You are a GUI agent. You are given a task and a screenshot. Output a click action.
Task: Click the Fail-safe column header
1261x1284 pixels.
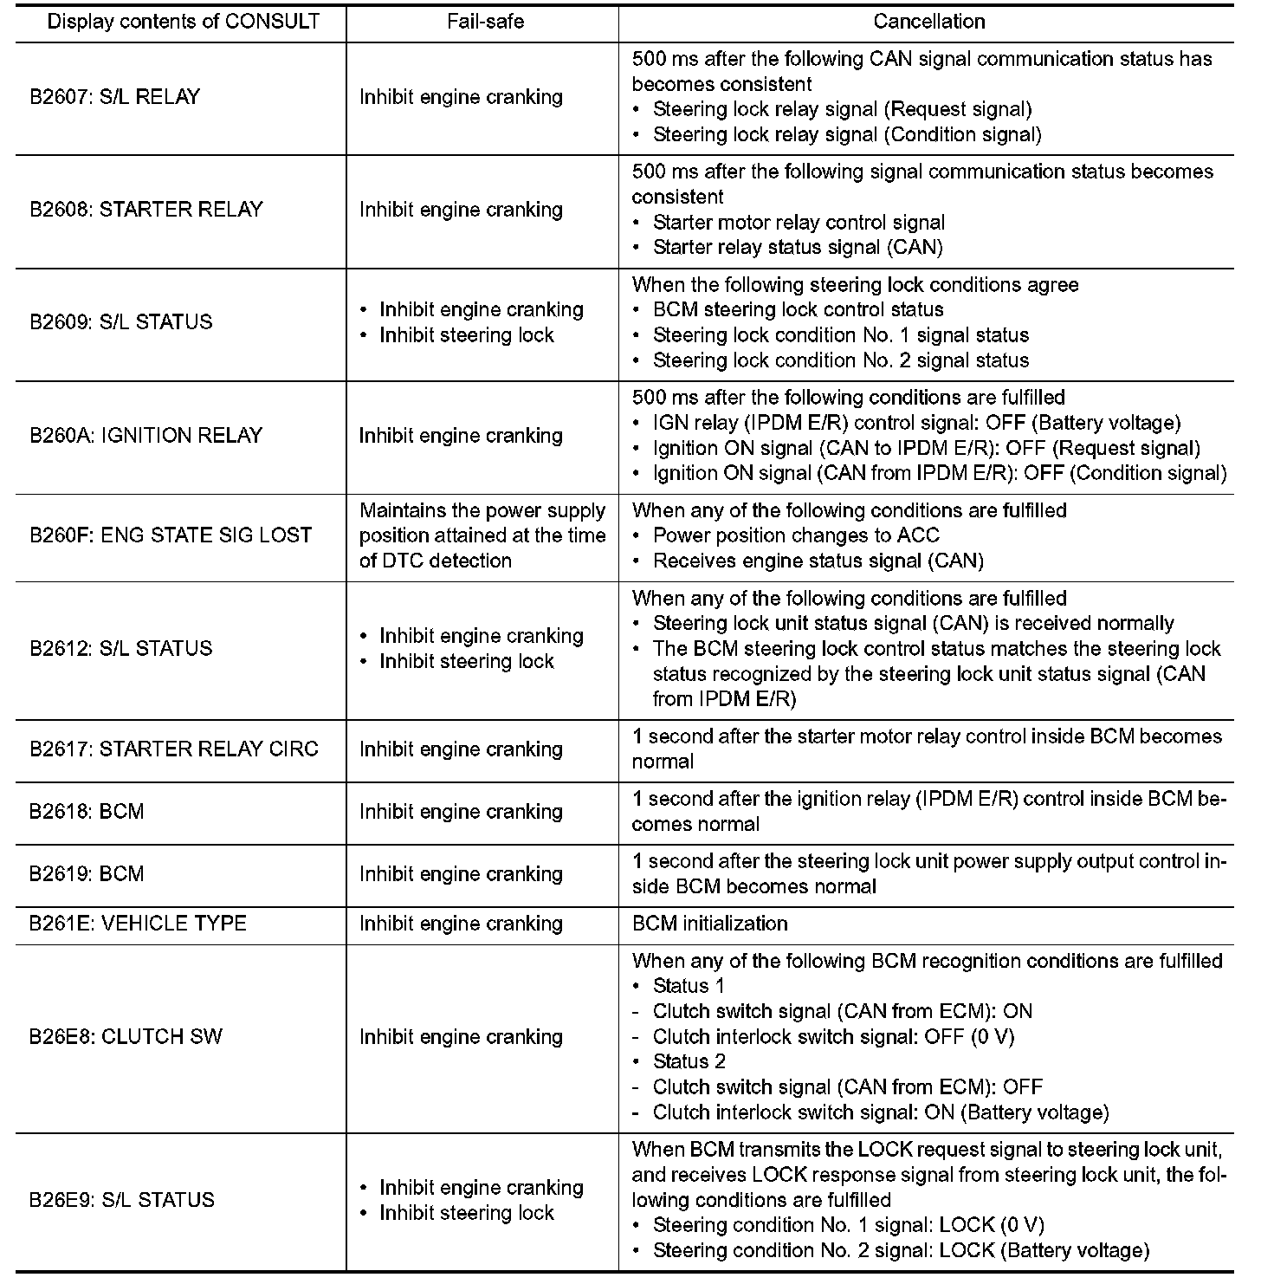(x=485, y=22)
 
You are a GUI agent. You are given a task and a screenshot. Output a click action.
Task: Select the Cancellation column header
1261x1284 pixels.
(x=928, y=22)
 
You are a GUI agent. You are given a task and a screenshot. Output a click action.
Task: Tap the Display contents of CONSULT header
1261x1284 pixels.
(x=184, y=22)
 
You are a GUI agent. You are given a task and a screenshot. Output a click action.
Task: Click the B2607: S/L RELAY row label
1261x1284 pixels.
(x=115, y=97)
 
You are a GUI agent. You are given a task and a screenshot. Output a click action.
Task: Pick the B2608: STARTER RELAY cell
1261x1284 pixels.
(x=146, y=210)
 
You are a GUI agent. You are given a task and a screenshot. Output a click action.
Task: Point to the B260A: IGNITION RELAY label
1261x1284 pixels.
(x=146, y=435)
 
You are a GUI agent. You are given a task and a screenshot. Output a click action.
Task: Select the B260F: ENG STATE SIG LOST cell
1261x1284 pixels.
(x=171, y=535)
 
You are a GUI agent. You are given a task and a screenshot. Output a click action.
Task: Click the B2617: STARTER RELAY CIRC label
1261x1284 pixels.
(x=174, y=749)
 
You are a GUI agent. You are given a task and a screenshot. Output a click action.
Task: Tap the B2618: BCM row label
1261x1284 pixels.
(x=87, y=812)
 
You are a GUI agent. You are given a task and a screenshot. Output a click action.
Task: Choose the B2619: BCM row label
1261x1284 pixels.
(x=87, y=874)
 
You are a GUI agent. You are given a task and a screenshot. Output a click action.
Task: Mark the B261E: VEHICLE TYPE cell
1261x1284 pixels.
(x=139, y=924)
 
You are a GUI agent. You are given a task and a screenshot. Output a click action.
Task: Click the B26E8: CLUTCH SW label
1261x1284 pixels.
(x=126, y=1037)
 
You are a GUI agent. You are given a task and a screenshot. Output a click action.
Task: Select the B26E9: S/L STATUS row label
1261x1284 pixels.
(x=121, y=1200)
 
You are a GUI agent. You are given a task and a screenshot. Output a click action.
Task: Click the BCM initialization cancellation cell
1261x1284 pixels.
(x=710, y=924)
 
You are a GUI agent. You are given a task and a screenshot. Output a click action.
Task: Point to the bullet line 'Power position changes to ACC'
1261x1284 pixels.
(x=796, y=535)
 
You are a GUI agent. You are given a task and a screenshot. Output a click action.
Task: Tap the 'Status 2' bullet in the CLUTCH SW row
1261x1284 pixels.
(x=689, y=1062)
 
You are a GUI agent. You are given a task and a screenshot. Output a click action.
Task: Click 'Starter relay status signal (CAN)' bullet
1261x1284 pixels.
(x=798, y=248)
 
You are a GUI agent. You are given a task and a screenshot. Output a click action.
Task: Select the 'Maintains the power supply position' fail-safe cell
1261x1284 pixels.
(x=482, y=535)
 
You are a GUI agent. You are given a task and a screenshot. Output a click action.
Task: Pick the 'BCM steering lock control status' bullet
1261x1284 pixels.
(x=798, y=310)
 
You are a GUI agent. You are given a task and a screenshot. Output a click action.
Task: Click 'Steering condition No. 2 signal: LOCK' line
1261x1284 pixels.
(x=901, y=1250)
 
